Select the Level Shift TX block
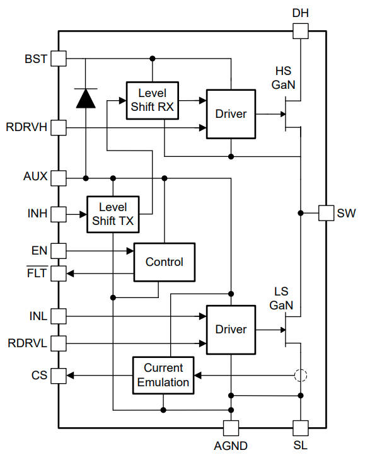(113, 214)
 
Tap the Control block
(164, 262)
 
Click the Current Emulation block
(163, 375)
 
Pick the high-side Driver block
(231, 114)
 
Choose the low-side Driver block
(231, 329)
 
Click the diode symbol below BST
(85, 98)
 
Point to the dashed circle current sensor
(301, 376)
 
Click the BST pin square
(59, 59)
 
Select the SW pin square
(326, 213)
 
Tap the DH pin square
(301, 31)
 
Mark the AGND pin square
(231, 427)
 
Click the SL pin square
(301, 427)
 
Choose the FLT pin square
(59, 273)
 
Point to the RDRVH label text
(26, 127)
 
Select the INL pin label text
(37, 314)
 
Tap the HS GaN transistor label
(284, 77)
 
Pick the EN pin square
(59, 251)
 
